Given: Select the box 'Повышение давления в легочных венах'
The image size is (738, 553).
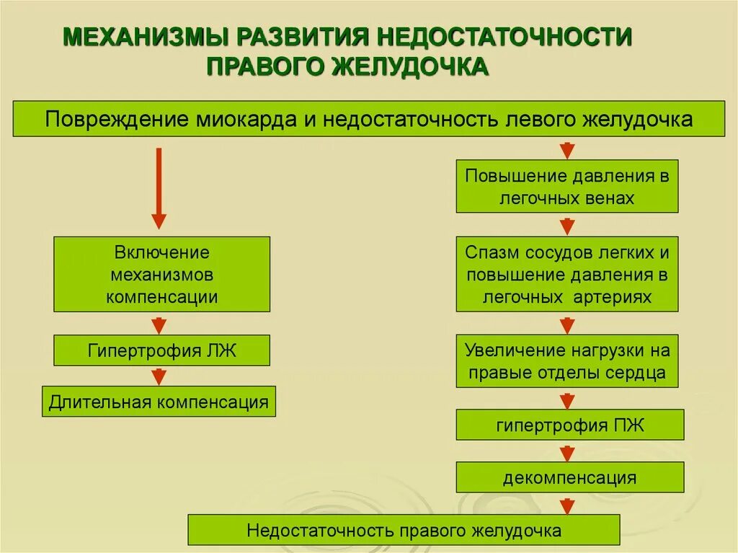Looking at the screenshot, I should tap(567, 187).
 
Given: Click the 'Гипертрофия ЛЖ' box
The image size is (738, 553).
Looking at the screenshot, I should tap(162, 350).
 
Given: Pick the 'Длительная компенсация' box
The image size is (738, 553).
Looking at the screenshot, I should tap(159, 402).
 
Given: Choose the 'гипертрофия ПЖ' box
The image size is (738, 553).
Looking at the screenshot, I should tap(569, 425).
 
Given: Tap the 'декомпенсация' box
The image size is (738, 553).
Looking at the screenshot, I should tap(569, 477).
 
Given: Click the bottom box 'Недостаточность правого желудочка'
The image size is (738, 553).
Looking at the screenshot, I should tap(404, 530).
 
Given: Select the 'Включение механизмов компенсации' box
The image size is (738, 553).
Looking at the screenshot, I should tap(162, 274).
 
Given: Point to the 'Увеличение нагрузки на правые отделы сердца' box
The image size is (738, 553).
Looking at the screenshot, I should tap(567, 361).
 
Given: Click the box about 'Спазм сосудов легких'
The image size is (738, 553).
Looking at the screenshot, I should tap(567, 274).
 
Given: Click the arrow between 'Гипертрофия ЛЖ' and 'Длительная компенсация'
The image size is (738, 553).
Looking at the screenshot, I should tap(159, 376).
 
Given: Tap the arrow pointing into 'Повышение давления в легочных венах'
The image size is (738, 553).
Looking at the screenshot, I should tap(568, 149).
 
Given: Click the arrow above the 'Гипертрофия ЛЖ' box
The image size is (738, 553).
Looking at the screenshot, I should tap(159, 324).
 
